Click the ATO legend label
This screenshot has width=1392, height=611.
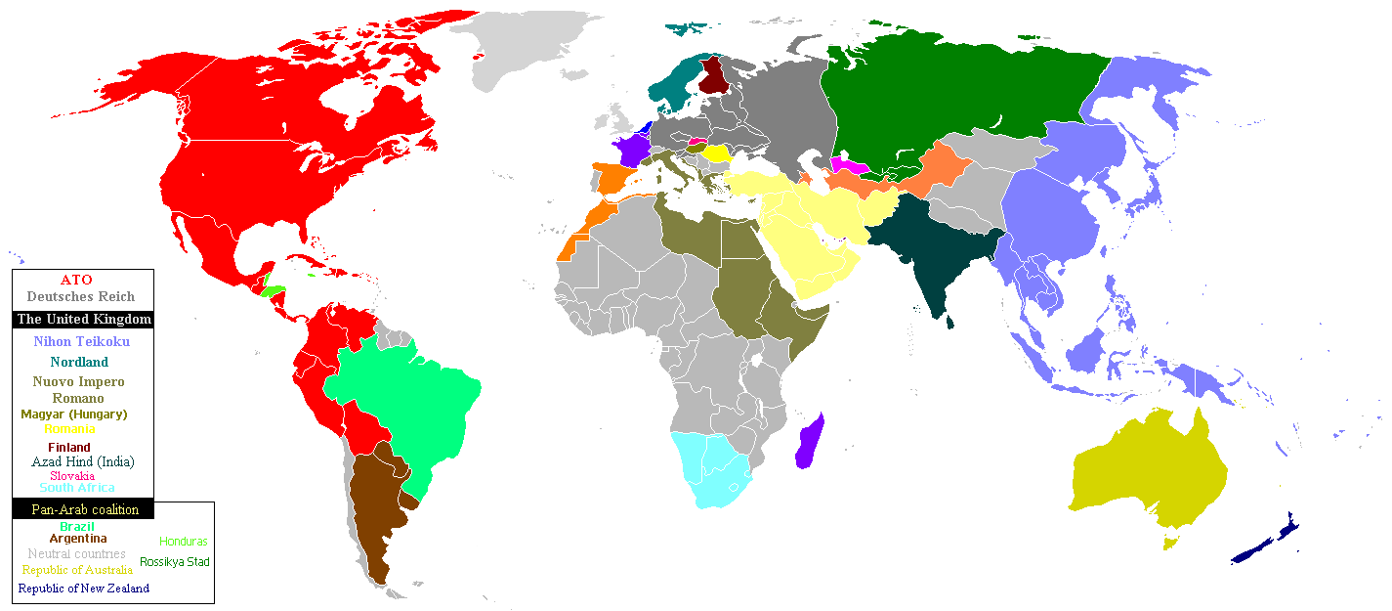click(x=76, y=280)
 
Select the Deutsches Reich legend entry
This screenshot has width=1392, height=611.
click(x=81, y=296)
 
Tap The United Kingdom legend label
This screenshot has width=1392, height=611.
click(x=84, y=319)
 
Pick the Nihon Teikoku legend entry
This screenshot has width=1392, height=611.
click(x=81, y=341)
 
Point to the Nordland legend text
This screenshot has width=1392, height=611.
click(x=79, y=362)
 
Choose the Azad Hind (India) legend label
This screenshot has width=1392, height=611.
click(x=83, y=461)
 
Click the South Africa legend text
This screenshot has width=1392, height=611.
click(x=77, y=487)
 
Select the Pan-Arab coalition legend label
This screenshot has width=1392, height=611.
click(x=85, y=509)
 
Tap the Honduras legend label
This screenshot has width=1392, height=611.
click(x=184, y=541)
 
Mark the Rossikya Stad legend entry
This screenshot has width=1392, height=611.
click(x=175, y=561)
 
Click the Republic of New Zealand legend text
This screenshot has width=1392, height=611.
click(x=84, y=588)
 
